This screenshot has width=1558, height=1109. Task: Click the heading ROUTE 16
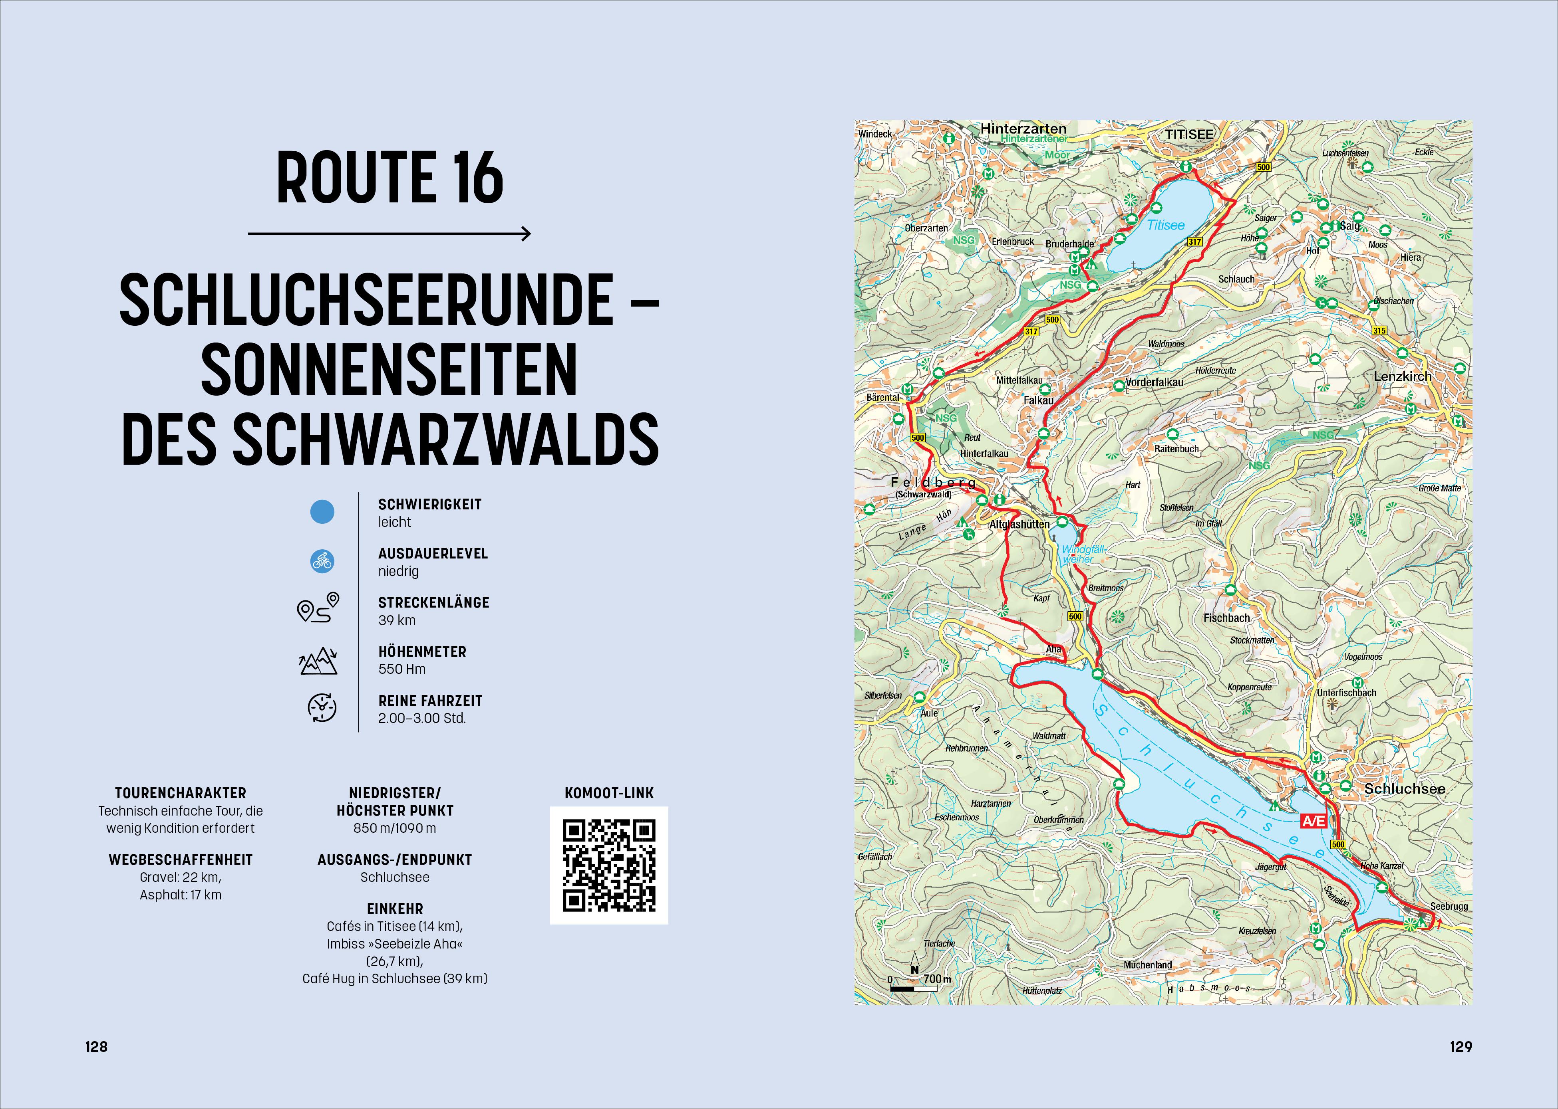coord(389,178)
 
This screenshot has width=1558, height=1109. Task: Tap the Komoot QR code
coord(609,865)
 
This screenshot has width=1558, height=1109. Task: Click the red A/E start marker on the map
coord(1313,821)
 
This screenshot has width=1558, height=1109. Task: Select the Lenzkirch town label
coord(1402,376)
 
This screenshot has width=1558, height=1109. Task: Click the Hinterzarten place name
coord(1023,129)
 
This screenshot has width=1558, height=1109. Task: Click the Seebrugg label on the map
coord(1449,906)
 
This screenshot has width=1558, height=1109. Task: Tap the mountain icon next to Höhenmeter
coord(318,661)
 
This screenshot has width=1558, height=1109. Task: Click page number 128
coord(96,1047)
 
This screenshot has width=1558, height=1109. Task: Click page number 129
coord(1460,1047)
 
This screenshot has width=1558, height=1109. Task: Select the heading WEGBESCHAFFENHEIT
coord(181,860)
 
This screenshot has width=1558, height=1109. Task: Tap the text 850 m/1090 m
coord(395,828)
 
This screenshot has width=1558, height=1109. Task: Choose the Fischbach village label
coord(1226,618)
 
